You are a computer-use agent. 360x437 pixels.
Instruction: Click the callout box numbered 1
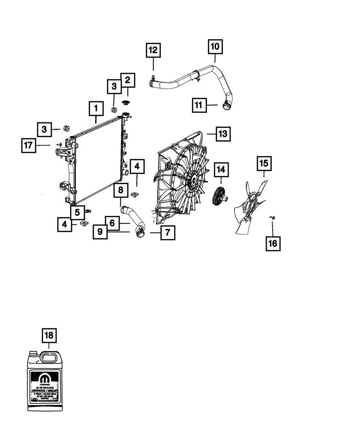click(96, 108)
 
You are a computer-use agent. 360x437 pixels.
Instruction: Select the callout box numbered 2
click(128, 80)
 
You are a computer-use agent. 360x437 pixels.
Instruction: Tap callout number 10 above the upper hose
click(215, 47)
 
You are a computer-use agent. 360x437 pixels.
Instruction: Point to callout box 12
click(153, 50)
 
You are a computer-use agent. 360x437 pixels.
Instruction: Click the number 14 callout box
click(221, 169)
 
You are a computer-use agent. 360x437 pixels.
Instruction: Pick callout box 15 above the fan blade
click(264, 163)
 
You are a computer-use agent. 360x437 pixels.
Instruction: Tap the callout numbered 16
click(273, 243)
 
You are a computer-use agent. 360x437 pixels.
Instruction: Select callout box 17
click(28, 145)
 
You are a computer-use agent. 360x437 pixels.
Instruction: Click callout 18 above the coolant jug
click(49, 336)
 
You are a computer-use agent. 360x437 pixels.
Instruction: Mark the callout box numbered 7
click(168, 233)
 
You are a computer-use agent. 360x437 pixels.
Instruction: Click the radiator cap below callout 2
click(126, 103)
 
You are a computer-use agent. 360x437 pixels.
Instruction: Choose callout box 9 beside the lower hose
click(100, 232)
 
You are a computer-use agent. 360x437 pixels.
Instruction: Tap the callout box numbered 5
click(77, 212)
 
